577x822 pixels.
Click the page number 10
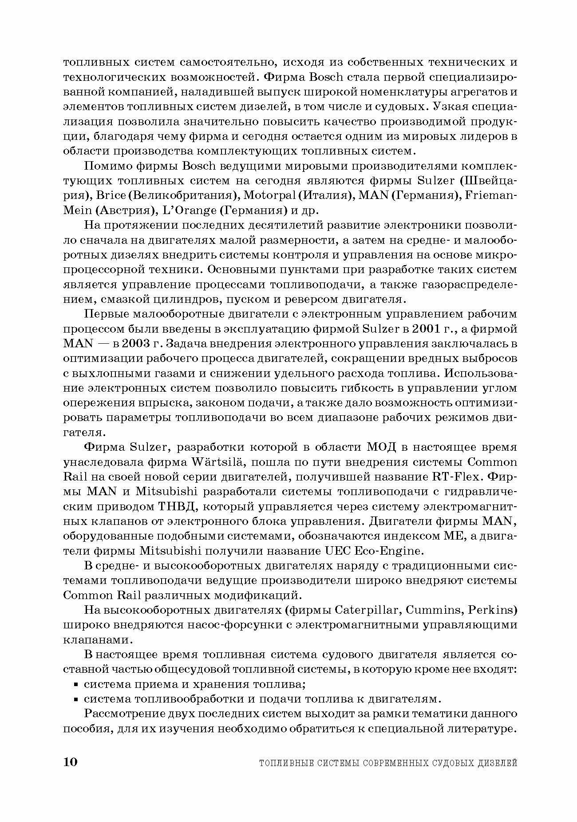[71, 762]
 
